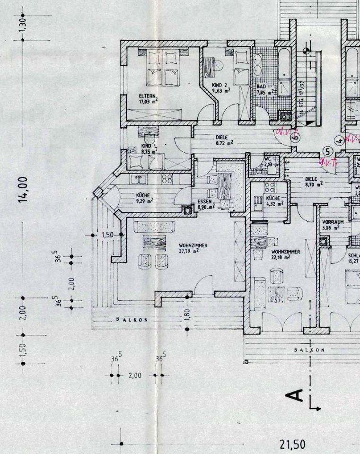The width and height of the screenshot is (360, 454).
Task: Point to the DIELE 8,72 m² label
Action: (222, 140)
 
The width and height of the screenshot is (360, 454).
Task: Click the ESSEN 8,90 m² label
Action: (206, 204)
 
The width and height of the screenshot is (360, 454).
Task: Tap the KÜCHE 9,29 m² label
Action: (144, 197)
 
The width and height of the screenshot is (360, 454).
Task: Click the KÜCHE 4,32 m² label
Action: (274, 201)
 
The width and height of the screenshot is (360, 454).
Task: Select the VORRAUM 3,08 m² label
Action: (333, 224)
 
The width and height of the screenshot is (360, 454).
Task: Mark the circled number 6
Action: (296, 137)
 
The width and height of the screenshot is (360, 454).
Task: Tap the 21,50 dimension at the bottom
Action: (292, 445)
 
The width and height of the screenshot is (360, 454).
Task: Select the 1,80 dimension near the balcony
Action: (188, 314)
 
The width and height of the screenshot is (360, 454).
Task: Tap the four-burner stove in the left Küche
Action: (167, 179)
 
